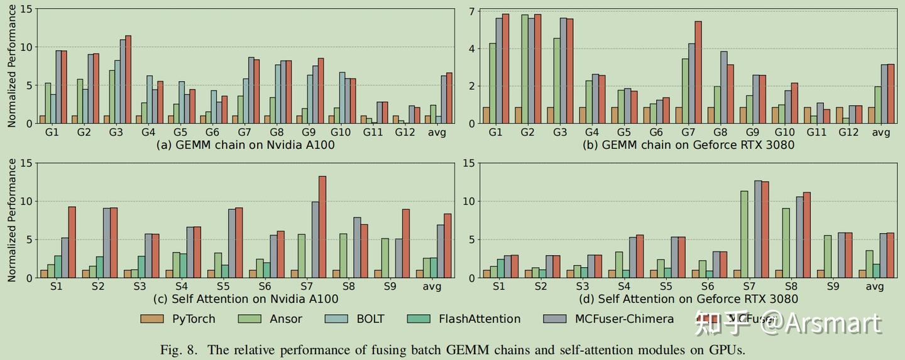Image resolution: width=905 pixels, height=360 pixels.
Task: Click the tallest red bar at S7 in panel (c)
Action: (322, 227)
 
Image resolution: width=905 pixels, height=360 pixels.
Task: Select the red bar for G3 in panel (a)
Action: (128, 80)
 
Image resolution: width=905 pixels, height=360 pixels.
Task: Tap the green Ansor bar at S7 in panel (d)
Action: (744, 234)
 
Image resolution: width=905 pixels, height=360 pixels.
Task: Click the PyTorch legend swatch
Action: (152, 319)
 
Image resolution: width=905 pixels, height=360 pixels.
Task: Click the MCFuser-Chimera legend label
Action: (624, 319)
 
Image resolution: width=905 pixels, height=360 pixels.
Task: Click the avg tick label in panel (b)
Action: (881, 133)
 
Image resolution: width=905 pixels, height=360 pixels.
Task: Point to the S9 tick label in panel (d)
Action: (833, 286)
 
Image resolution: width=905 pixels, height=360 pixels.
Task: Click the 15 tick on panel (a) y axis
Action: (26, 9)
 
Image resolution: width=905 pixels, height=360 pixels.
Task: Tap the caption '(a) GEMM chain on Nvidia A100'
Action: (245, 145)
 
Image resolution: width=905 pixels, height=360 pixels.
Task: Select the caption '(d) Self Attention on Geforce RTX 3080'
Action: (697, 298)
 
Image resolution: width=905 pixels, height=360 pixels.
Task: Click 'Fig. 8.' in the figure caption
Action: (180, 349)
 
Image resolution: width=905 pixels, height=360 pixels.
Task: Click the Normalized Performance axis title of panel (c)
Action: (11, 220)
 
